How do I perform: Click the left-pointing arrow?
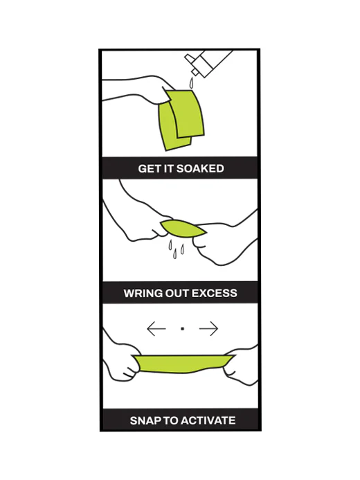(156, 329)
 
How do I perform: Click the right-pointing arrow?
(208, 329)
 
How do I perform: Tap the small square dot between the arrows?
(183, 329)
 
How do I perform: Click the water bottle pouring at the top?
(208, 63)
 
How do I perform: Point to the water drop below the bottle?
(191, 82)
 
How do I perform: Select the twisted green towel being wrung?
(183, 229)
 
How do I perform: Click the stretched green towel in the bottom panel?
(183, 364)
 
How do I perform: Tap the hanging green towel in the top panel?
(181, 119)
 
